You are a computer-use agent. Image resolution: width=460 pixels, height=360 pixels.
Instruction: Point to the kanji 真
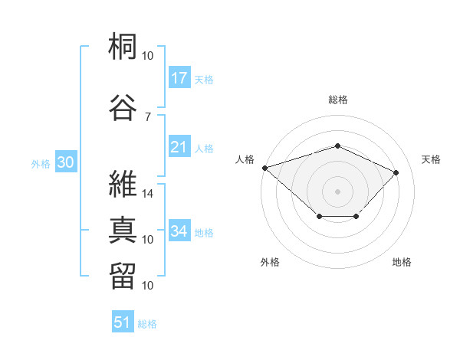(x=123, y=230)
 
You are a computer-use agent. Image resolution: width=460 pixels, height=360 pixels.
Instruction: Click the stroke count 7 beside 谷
(x=147, y=116)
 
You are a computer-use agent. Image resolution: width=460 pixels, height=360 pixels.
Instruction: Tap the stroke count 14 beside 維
(x=149, y=194)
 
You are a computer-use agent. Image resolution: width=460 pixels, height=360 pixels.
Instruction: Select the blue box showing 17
(x=179, y=77)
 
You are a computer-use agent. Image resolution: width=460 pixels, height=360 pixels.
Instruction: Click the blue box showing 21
(x=179, y=148)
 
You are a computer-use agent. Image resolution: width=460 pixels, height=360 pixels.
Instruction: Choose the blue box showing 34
(x=179, y=231)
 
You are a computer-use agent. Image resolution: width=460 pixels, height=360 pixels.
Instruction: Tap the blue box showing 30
(x=65, y=162)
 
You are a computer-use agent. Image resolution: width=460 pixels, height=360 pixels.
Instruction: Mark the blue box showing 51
(x=123, y=322)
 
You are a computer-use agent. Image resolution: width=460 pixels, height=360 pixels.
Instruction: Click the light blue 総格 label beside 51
(x=147, y=324)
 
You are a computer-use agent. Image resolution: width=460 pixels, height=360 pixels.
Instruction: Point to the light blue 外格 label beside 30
(x=41, y=163)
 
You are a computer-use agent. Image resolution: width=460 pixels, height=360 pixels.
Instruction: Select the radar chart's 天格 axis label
(x=431, y=159)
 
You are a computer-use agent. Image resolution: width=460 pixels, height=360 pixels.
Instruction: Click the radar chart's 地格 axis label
(x=402, y=262)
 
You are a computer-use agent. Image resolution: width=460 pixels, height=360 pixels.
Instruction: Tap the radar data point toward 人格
(x=264, y=168)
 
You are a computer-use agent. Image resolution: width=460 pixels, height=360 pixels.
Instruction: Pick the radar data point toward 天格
(x=396, y=172)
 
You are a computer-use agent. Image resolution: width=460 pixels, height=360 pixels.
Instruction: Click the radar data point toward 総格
(x=337, y=146)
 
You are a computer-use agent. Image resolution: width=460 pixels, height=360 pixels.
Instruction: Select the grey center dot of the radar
(x=337, y=191)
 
